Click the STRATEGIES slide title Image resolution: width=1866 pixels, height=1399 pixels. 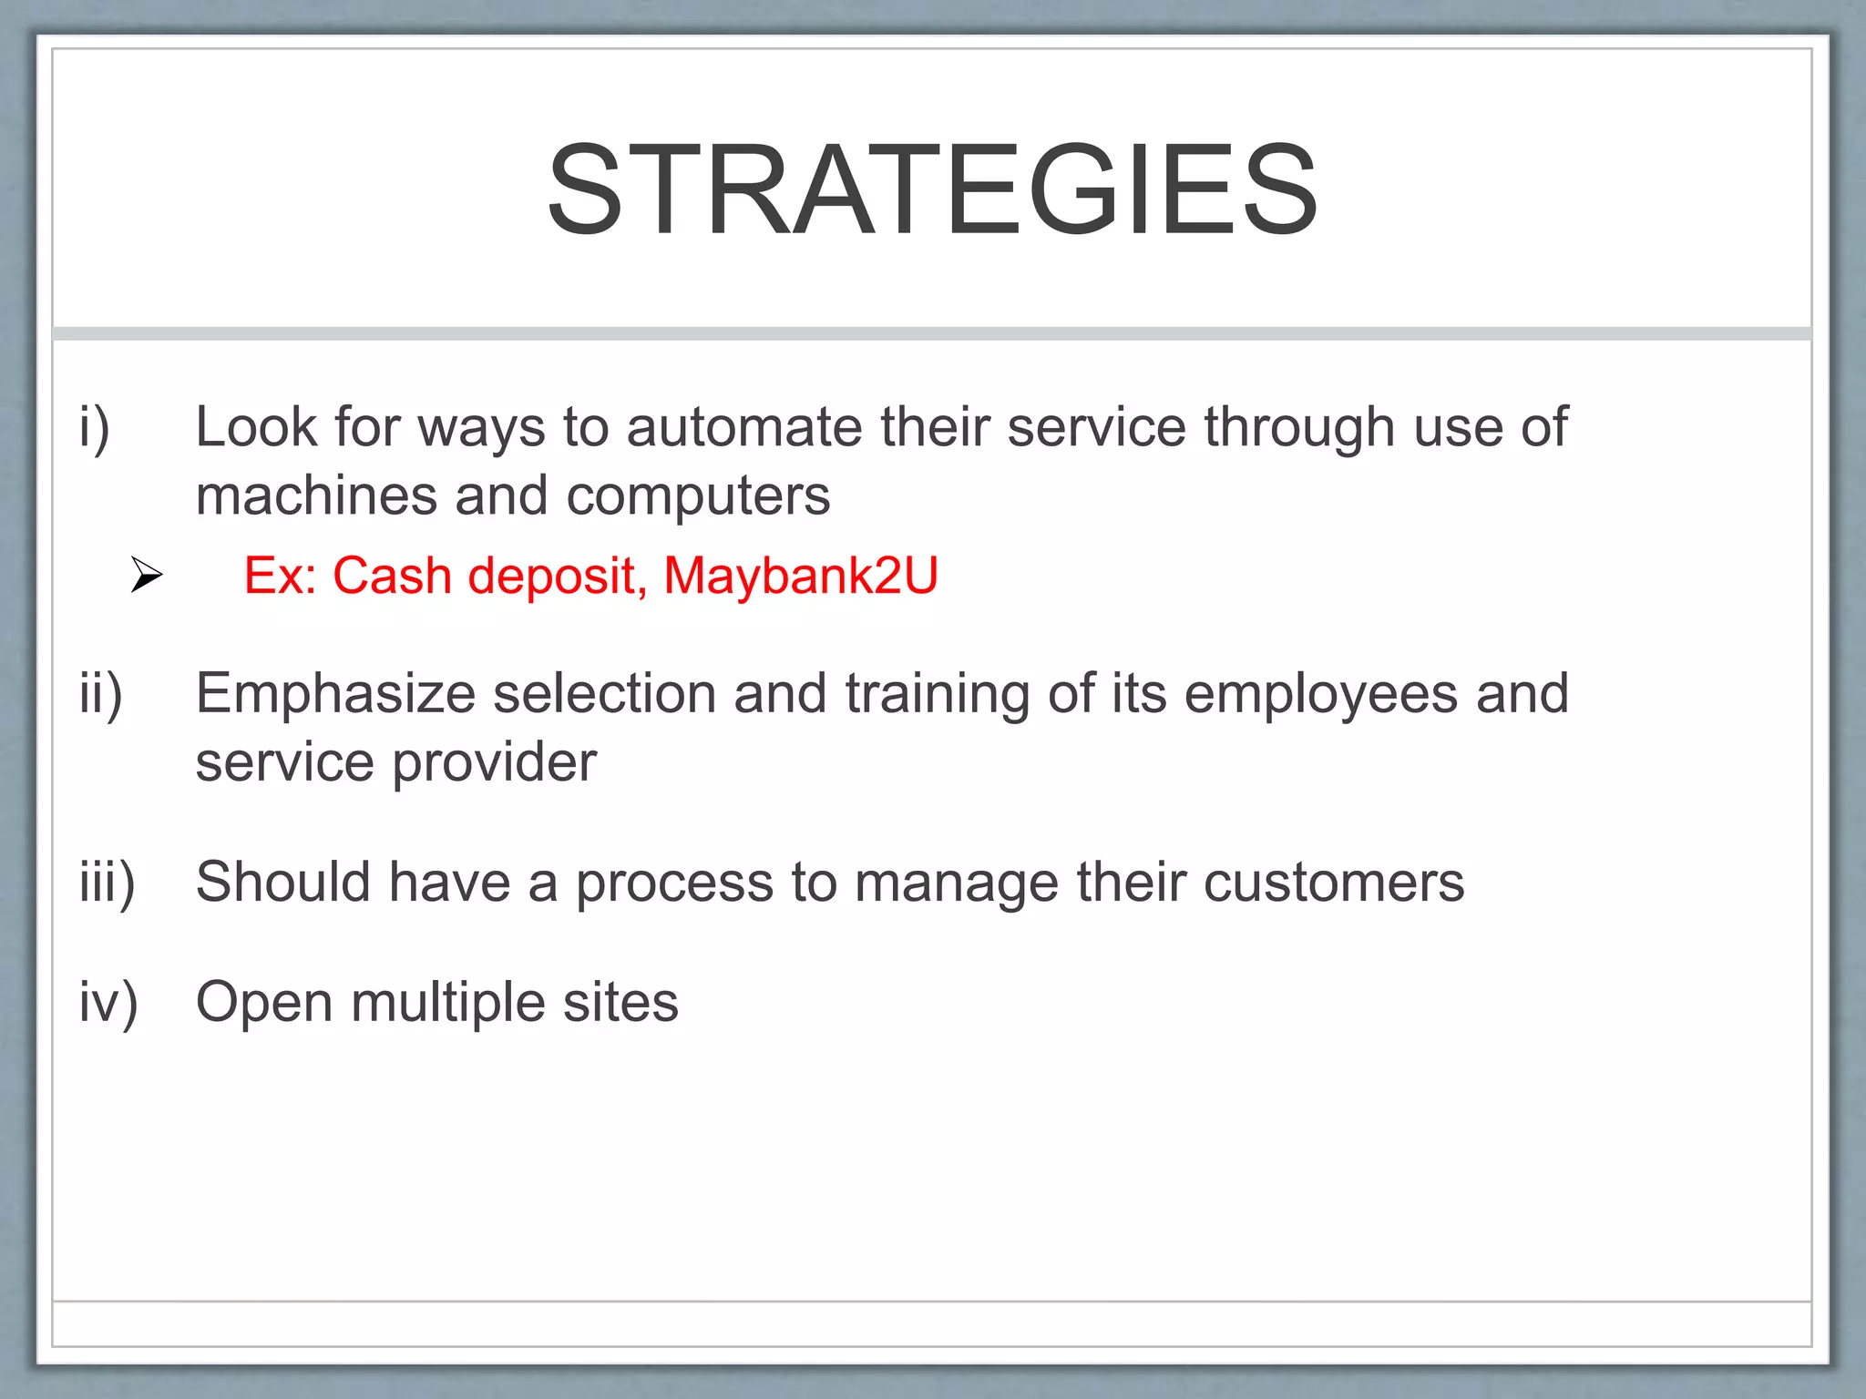click(x=932, y=190)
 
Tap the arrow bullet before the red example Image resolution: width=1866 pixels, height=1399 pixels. click(x=147, y=575)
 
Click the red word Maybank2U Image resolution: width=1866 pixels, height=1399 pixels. click(x=800, y=576)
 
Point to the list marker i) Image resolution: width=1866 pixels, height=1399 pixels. click(x=95, y=427)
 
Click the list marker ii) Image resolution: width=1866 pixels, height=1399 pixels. click(x=100, y=694)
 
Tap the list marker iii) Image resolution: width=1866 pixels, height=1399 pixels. click(x=107, y=883)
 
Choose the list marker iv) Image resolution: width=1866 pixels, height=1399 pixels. click(x=108, y=1003)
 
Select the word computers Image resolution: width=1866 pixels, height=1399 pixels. click(x=698, y=496)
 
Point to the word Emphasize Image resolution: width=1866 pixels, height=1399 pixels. click(x=335, y=694)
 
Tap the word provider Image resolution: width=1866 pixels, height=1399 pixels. click(x=495, y=763)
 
